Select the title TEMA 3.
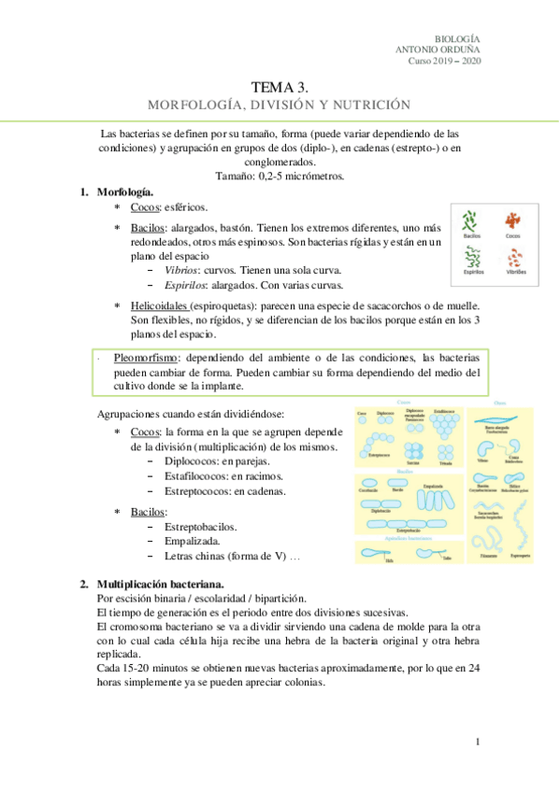[x=280, y=86]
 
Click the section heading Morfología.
[x=125, y=191]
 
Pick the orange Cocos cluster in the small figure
[x=513, y=221]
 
